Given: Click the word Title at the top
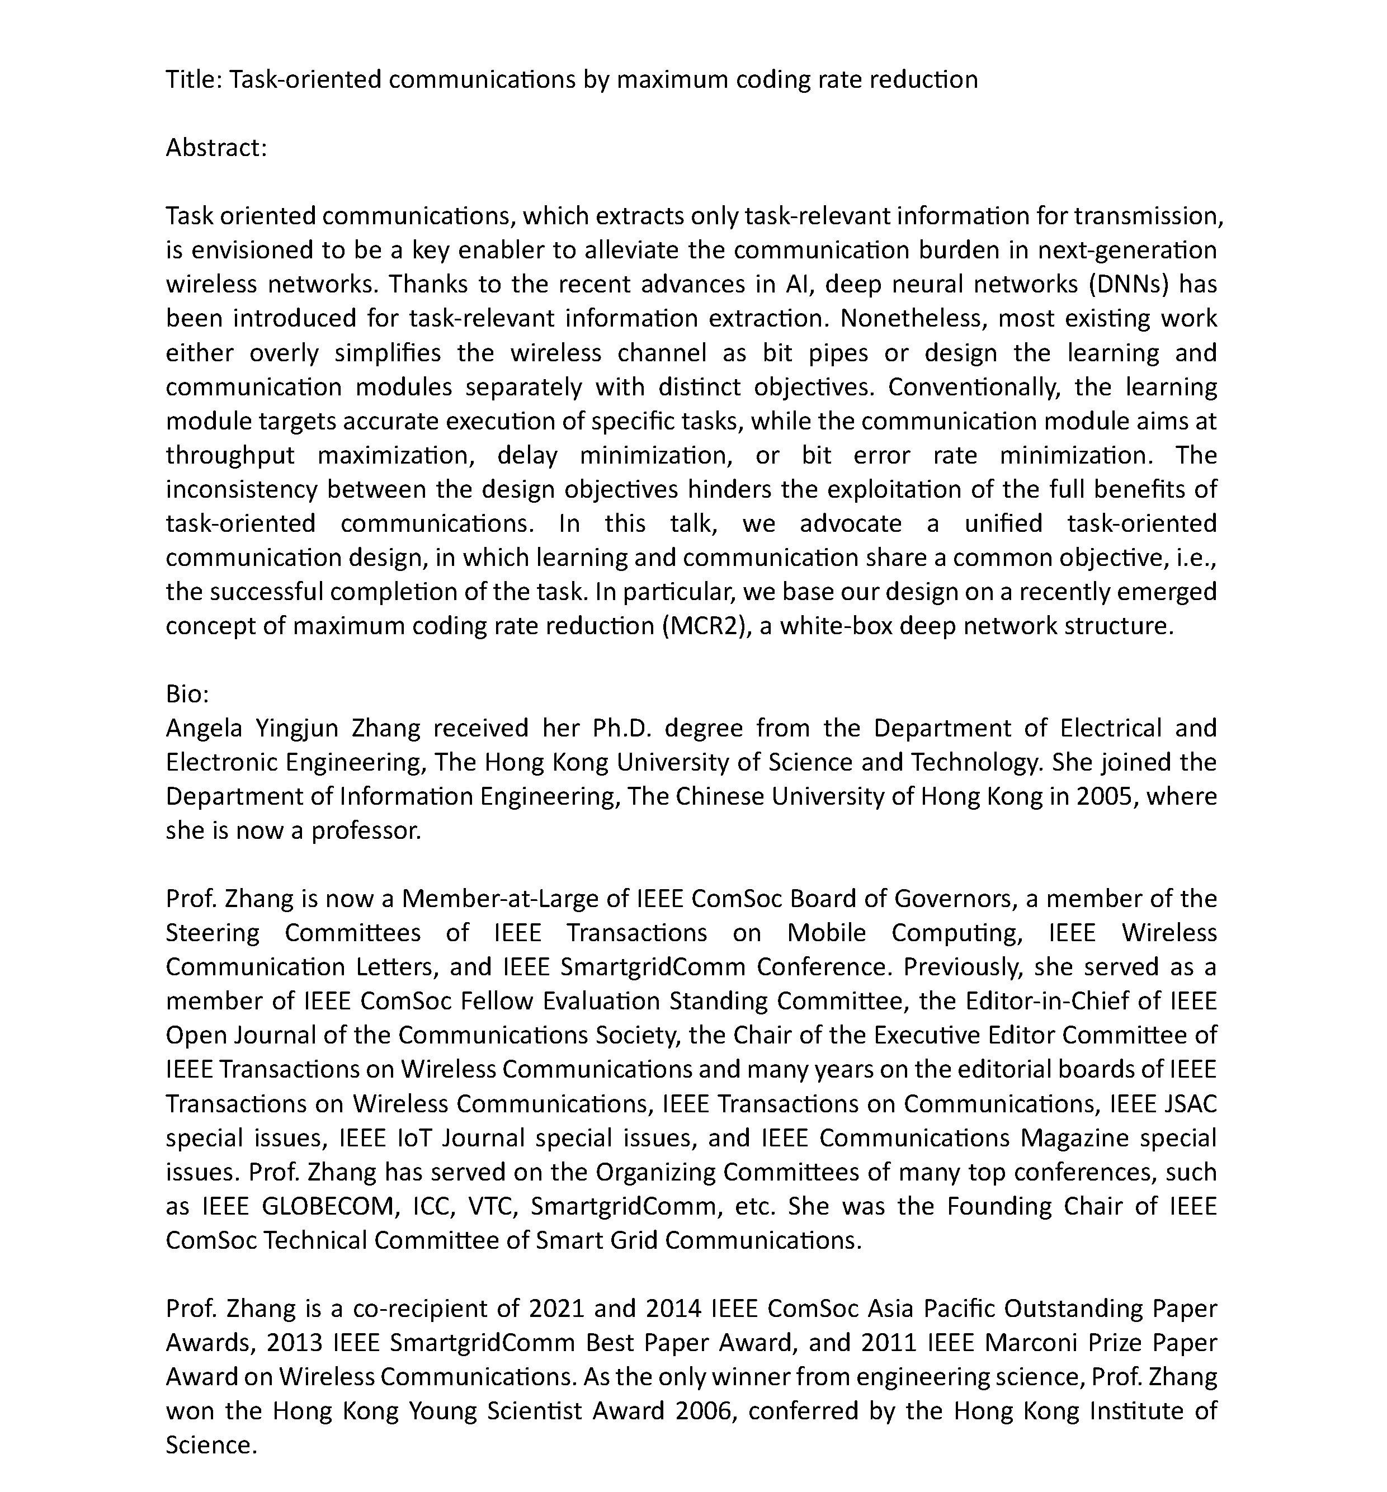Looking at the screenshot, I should (x=191, y=79).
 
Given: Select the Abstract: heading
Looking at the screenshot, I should (x=216, y=147).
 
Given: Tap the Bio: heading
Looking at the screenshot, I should (x=187, y=693).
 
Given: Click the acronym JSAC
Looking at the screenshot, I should (x=1190, y=1103).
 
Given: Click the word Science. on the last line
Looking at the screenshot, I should (x=211, y=1444).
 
